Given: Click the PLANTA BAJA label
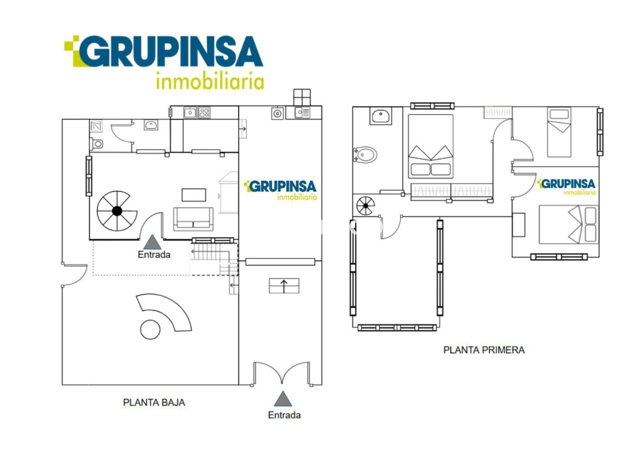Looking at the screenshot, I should pos(154,403).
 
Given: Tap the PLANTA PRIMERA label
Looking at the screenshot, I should pos(484,350).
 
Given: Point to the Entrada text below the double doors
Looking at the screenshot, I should pos(284,415).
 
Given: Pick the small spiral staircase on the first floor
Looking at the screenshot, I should pos(365,206).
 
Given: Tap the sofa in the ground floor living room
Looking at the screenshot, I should pos(193,219).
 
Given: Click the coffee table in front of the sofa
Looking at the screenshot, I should pos(194,195).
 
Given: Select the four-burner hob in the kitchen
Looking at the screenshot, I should pos(204,113).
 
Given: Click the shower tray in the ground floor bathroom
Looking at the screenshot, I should pos(96,126).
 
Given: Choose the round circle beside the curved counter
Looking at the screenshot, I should pos(150,330).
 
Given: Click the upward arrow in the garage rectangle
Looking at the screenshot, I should pos(284,286).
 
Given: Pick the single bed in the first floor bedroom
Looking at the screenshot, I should pos(559,132).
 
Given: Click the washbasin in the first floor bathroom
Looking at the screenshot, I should pos(380,116).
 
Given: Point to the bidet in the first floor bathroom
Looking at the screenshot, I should pos(365,155).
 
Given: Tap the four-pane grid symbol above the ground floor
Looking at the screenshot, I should pos(302,97).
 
